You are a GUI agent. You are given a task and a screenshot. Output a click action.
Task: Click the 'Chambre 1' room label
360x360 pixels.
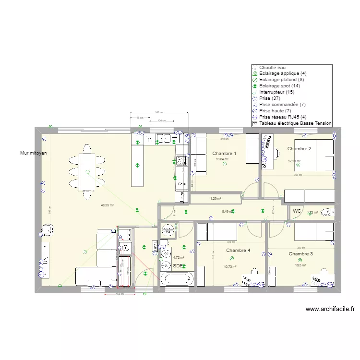tap(224, 154)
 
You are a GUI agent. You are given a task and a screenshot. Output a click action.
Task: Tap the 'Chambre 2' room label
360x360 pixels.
tap(299, 149)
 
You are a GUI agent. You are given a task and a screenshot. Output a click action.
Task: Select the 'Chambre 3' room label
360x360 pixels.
tap(301, 254)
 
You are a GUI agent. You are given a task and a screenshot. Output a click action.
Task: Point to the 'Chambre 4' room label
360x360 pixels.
tap(238, 251)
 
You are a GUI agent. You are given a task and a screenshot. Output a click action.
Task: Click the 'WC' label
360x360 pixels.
tap(297, 211)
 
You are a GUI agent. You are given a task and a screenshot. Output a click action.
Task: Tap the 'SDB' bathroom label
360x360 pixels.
tap(178, 265)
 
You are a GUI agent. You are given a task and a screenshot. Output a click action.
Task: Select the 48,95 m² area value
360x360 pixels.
tap(107, 205)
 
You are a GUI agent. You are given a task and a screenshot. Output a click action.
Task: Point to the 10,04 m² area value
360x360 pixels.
tap(223, 159)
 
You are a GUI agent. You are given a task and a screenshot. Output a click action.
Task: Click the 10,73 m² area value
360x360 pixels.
tap(231, 267)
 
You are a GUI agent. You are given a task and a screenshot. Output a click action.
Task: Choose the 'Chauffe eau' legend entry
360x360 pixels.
tap(272, 67)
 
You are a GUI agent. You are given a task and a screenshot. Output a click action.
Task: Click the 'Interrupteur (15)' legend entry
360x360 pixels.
tap(276, 92)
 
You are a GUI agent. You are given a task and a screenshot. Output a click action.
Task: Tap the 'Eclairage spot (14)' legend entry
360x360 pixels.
tap(278, 86)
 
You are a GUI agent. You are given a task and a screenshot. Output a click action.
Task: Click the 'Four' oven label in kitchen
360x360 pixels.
tap(182, 184)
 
